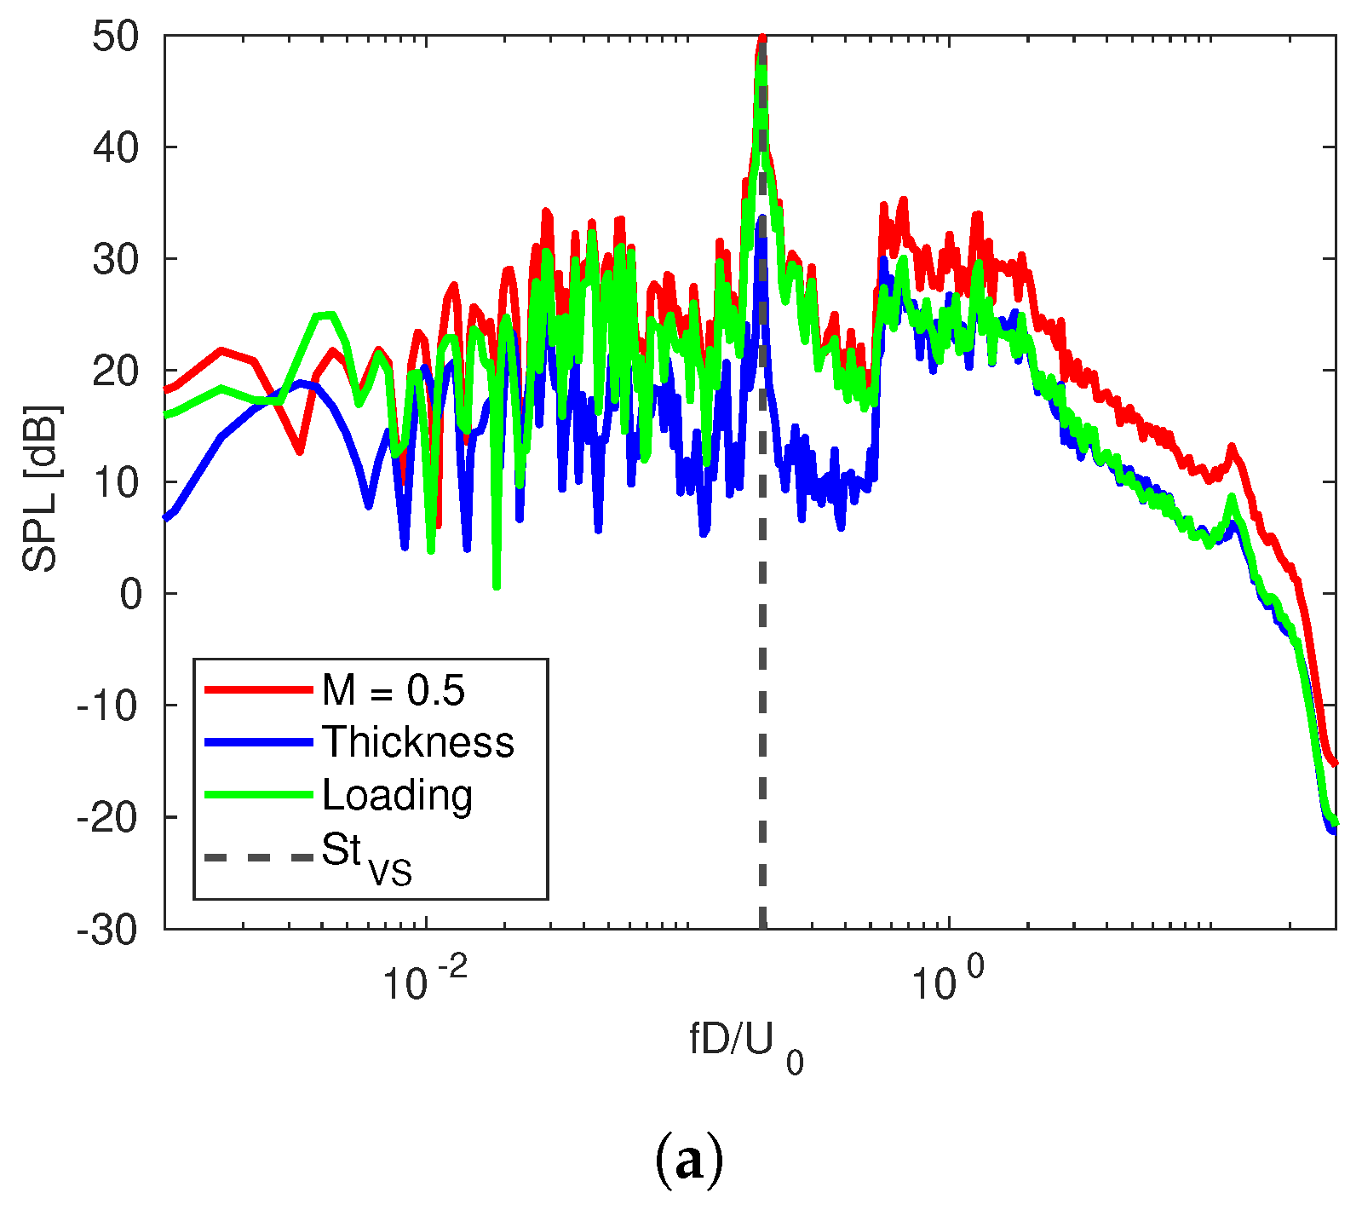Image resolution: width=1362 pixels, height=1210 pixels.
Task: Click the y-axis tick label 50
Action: [116, 37]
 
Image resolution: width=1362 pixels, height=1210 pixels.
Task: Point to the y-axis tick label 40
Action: [116, 148]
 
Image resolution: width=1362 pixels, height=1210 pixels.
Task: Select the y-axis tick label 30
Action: [116, 260]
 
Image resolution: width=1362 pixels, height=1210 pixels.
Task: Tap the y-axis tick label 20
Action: [116, 372]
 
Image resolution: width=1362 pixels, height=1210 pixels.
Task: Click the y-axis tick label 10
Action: [116, 483]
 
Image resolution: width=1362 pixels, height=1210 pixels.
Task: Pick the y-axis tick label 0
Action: [130, 595]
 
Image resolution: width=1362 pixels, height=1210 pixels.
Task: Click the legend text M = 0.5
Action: [394, 689]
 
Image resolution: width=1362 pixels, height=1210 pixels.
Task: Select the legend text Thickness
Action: [417, 742]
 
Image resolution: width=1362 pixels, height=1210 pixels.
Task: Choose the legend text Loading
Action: [397, 795]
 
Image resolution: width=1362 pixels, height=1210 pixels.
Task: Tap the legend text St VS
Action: [366, 856]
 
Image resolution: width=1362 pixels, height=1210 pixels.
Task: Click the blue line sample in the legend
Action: [259, 742]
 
